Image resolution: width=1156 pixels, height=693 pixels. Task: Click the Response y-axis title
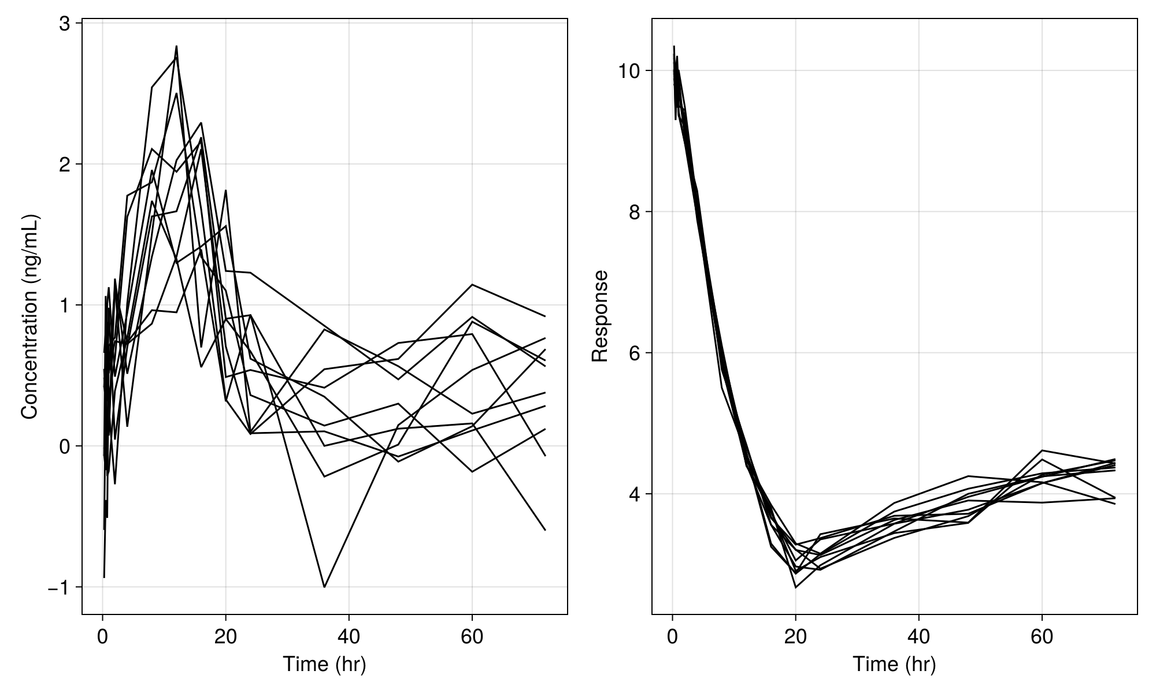coord(600,316)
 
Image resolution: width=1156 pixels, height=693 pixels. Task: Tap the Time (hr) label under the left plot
coord(324,664)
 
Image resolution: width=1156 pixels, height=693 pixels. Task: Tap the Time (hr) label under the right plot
coord(894,664)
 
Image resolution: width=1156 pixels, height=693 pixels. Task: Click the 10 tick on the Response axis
coord(629,71)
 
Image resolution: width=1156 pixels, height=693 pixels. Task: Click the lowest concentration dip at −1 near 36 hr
coord(324,587)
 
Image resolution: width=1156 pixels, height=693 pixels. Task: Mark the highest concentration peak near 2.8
coord(176,46)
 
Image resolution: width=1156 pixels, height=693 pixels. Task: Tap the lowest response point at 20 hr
coord(796,587)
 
